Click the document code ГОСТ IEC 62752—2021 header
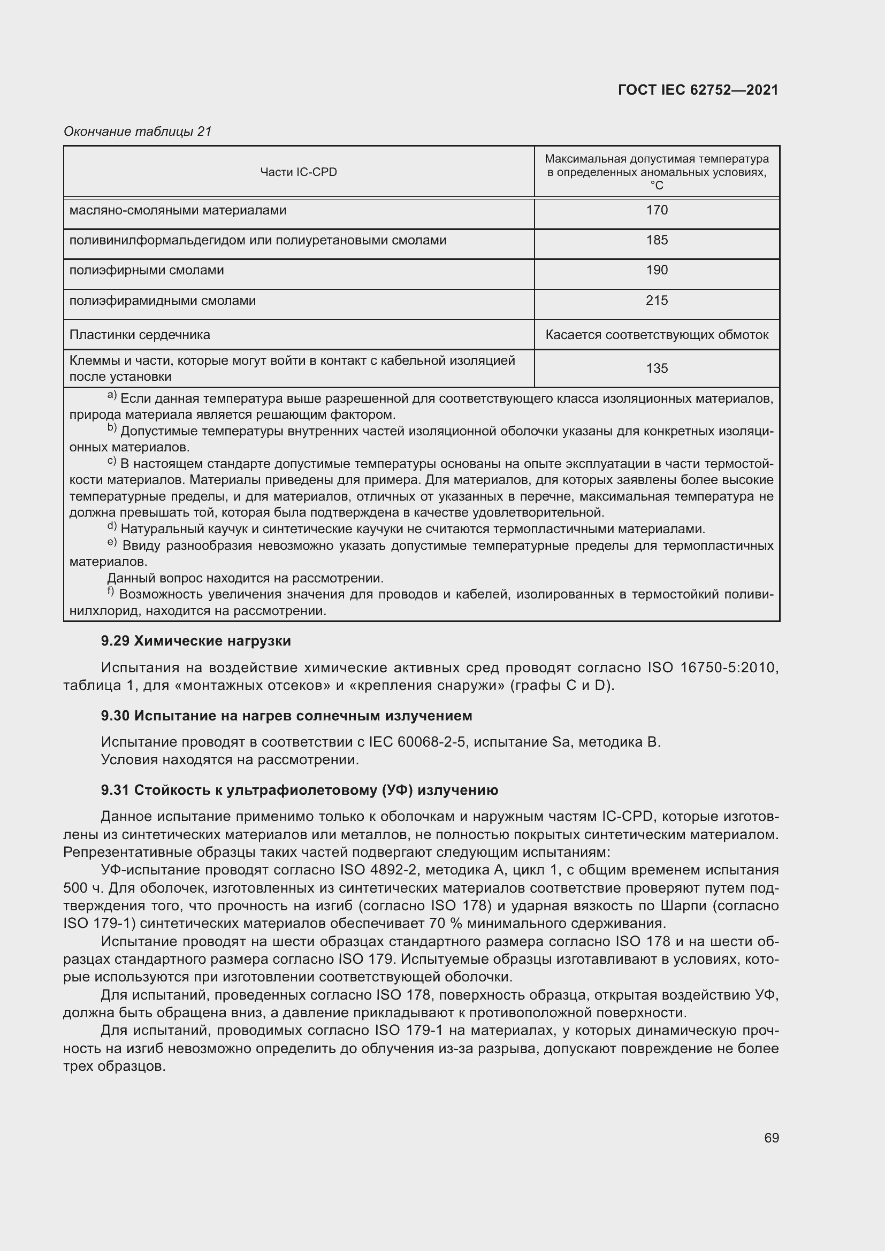click(x=698, y=90)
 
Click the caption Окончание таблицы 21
click(x=138, y=132)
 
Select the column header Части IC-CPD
click(x=299, y=172)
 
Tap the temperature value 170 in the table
click(x=657, y=210)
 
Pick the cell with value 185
click(x=657, y=240)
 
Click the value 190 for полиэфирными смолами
click(x=657, y=270)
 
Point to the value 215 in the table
click(x=657, y=301)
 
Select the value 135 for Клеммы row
click(x=657, y=369)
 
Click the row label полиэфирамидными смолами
click(x=163, y=301)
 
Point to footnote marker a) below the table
click(x=112, y=395)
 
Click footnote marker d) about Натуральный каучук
click(x=112, y=526)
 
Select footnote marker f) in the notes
click(x=111, y=591)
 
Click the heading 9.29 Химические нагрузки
click(x=196, y=641)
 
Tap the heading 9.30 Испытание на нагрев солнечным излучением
click(x=287, y=716)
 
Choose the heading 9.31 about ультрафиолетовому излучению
click(x=300, y=790)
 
